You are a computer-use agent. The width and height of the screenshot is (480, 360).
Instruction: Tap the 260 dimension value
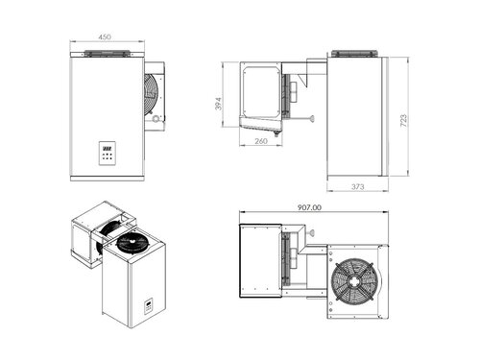tap(260, 141)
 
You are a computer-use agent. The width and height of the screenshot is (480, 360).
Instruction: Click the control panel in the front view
tap(108, 153)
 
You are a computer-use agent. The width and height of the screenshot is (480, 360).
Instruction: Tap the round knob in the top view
tap(312, 231)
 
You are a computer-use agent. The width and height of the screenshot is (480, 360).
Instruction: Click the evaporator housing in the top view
tap(259, 256)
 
